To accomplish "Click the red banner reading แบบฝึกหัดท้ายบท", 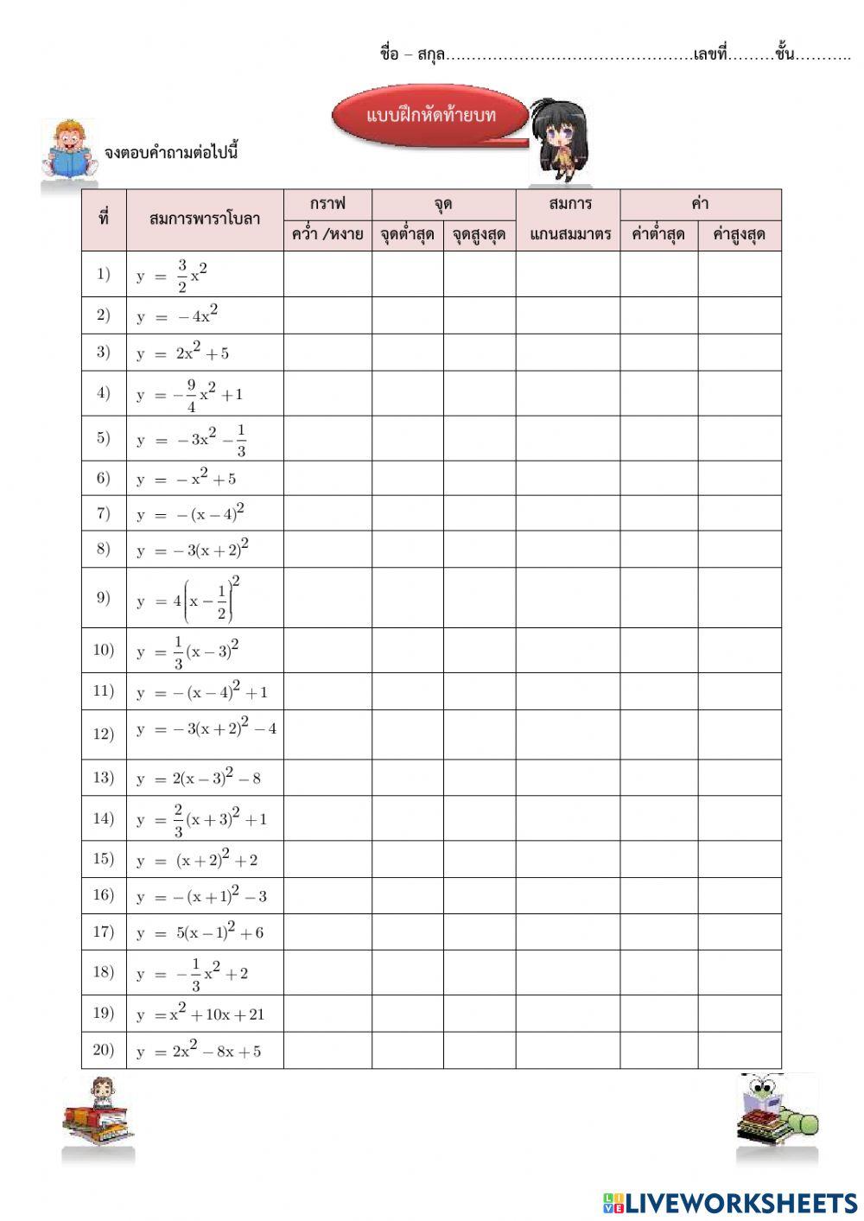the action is pos(429,116).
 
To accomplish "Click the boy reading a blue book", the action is pos(68,149).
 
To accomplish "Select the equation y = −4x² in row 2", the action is pos(177,315).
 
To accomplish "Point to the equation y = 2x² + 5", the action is pos(183,353).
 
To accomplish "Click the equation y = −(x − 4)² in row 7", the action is pos(190,513).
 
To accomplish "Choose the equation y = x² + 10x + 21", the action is pos(200,1014).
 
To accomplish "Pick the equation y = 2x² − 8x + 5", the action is pos(198,1051).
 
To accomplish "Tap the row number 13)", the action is pos(104,778).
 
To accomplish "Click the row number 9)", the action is pos(104,598).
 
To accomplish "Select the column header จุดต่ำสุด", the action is pos(408,235).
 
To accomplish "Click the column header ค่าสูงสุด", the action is pos(740,235).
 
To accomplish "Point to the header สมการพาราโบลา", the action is pos(205,219).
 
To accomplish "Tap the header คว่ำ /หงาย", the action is pos(327,235).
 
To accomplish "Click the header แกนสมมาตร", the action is pos(568,235).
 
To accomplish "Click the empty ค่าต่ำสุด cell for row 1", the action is pos(658,274).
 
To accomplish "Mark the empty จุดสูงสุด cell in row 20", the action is pos(480,1050).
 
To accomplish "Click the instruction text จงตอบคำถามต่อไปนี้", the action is pos(170,153).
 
